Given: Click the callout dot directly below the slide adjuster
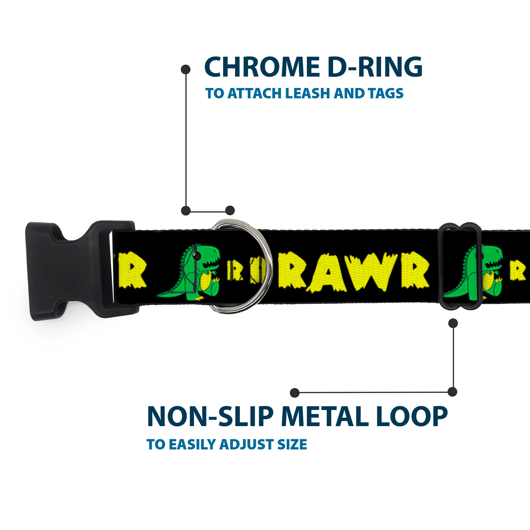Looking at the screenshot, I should tap(453, 323).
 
